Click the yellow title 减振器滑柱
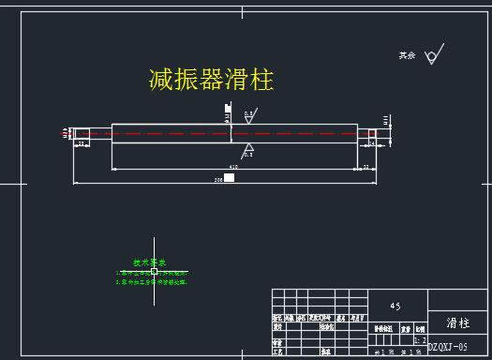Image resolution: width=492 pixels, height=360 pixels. coord(211,80)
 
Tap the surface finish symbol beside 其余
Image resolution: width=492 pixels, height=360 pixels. coord(433,56)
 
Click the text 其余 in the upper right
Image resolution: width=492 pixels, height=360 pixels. coord(406,56)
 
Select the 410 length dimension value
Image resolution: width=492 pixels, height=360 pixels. coord(233,167)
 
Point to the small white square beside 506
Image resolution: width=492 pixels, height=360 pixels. coord(229,177)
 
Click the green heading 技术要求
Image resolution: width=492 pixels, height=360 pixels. coord(148,262)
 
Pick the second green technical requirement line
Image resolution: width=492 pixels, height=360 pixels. coord(152,281)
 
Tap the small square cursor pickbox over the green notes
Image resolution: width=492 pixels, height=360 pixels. coord(154,271)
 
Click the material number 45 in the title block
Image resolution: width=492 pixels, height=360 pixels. coord(395,306)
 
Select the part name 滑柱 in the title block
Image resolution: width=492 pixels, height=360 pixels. coord(457,322)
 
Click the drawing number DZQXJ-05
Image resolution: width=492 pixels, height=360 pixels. coord(447,347)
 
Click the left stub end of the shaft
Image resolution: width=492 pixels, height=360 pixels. coord(82,134)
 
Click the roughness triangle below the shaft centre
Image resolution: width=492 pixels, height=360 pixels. coord(248,148)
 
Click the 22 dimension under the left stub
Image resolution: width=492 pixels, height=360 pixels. coord(82,145)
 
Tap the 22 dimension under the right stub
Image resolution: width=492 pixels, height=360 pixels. coord(365,167)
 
